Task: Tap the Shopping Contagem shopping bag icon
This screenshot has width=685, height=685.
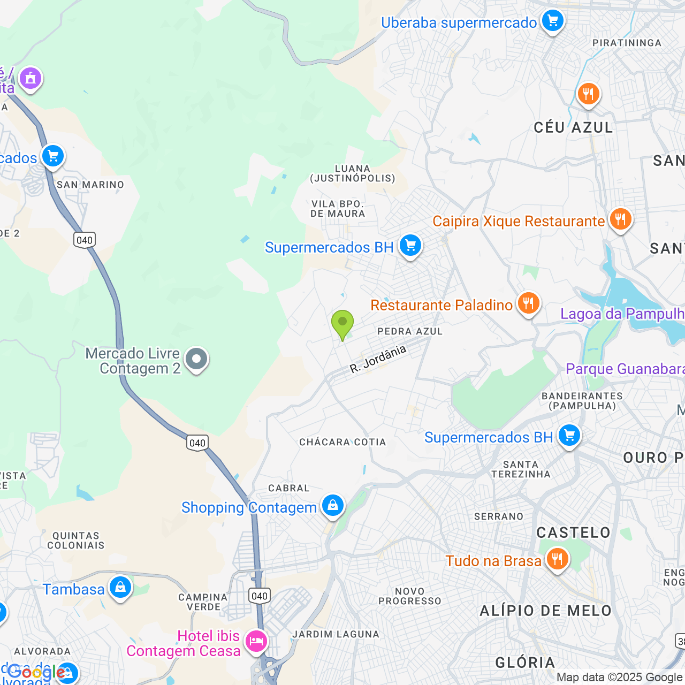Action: pos(332,505)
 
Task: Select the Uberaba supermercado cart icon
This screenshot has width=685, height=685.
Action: pos(552,21)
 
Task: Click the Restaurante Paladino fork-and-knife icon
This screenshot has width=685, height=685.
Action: pos(528,303)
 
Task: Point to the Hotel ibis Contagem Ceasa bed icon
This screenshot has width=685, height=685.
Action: pos(256,641)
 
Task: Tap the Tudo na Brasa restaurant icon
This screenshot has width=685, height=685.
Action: pos(557,559)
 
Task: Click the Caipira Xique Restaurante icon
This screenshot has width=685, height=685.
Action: pos(620,219)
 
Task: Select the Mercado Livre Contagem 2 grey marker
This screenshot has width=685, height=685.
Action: pos(196,359)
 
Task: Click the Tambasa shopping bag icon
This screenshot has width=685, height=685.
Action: pos(120,588)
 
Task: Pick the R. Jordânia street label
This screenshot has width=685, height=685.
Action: pos(378,359)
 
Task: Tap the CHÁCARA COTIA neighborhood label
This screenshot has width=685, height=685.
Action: pos(342,442)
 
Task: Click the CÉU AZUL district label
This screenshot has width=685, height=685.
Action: pos(573,127)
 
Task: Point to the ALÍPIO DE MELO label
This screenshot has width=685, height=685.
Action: pos(545,611)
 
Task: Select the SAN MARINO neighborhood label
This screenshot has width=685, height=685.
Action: pos(90,185)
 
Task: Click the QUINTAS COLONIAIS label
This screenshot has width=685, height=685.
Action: pos(76,541)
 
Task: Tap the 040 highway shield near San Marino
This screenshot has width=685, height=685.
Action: pos(85,240)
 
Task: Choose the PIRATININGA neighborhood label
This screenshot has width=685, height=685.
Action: pos(627,43)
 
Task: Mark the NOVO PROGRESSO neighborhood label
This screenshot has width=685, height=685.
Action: pos(410,596)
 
